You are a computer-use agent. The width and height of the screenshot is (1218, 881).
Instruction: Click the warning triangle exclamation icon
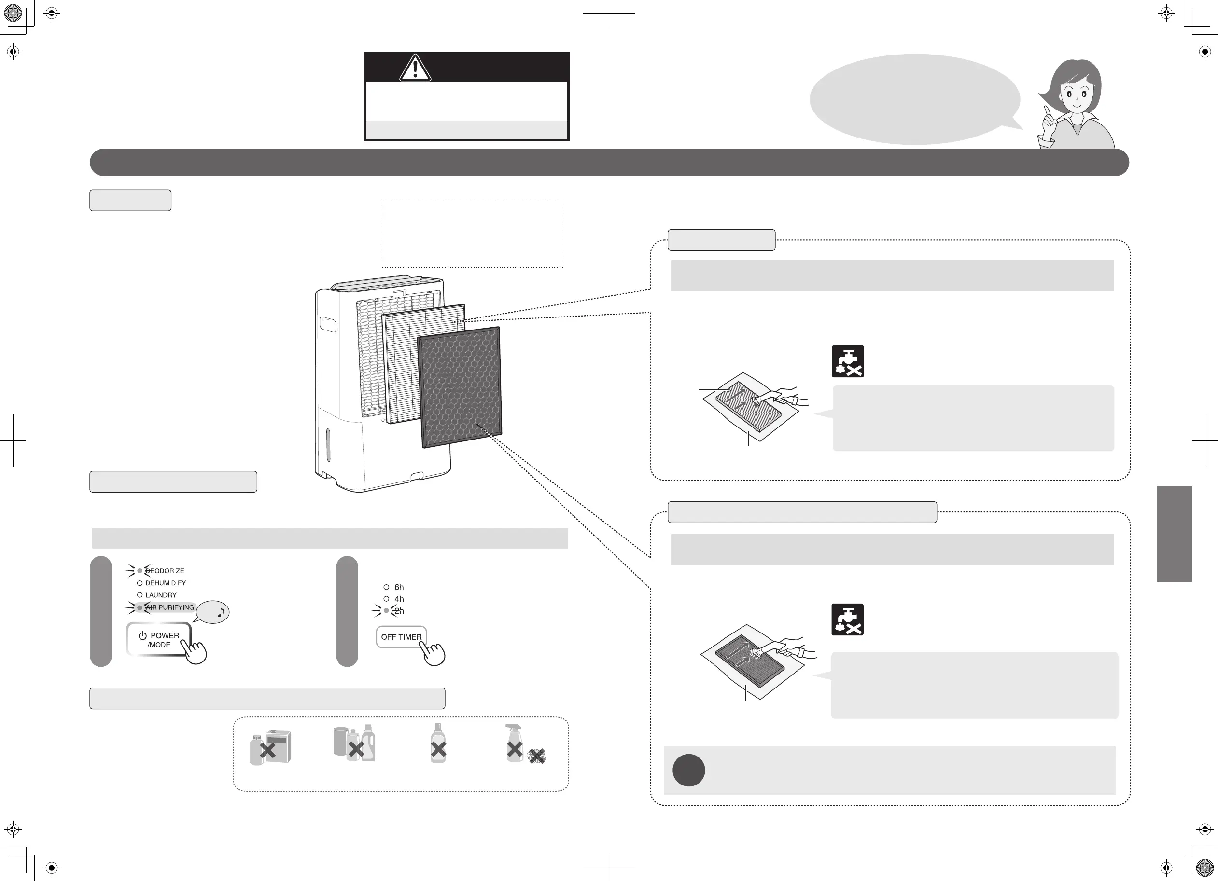point(415,68)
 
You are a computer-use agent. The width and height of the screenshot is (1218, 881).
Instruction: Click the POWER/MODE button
point(158,639)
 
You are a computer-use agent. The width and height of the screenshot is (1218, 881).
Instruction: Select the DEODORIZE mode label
point(165,571)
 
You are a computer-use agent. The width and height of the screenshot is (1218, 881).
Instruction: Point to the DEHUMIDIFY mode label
point(166,583)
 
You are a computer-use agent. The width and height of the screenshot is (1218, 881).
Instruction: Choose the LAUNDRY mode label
point(161,595)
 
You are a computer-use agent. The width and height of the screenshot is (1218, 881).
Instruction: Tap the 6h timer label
point(398,587)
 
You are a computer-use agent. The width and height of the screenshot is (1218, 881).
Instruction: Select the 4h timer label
point(398,599)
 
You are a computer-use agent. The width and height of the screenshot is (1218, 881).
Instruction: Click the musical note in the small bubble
point(220,611)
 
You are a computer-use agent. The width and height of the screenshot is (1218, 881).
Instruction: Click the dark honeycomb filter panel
point(460,386)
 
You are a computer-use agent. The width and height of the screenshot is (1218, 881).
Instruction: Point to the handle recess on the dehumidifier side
point(328,325)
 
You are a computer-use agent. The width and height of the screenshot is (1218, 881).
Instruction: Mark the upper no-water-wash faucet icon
point(847,361)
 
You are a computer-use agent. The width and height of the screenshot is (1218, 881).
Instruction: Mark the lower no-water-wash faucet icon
point(847,619)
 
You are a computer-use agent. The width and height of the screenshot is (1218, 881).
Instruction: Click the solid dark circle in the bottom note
point(688,771)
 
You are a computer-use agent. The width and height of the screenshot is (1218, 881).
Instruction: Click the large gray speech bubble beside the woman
point(914,99)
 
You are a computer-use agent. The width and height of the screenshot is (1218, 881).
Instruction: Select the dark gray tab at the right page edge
point(1174,534)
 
